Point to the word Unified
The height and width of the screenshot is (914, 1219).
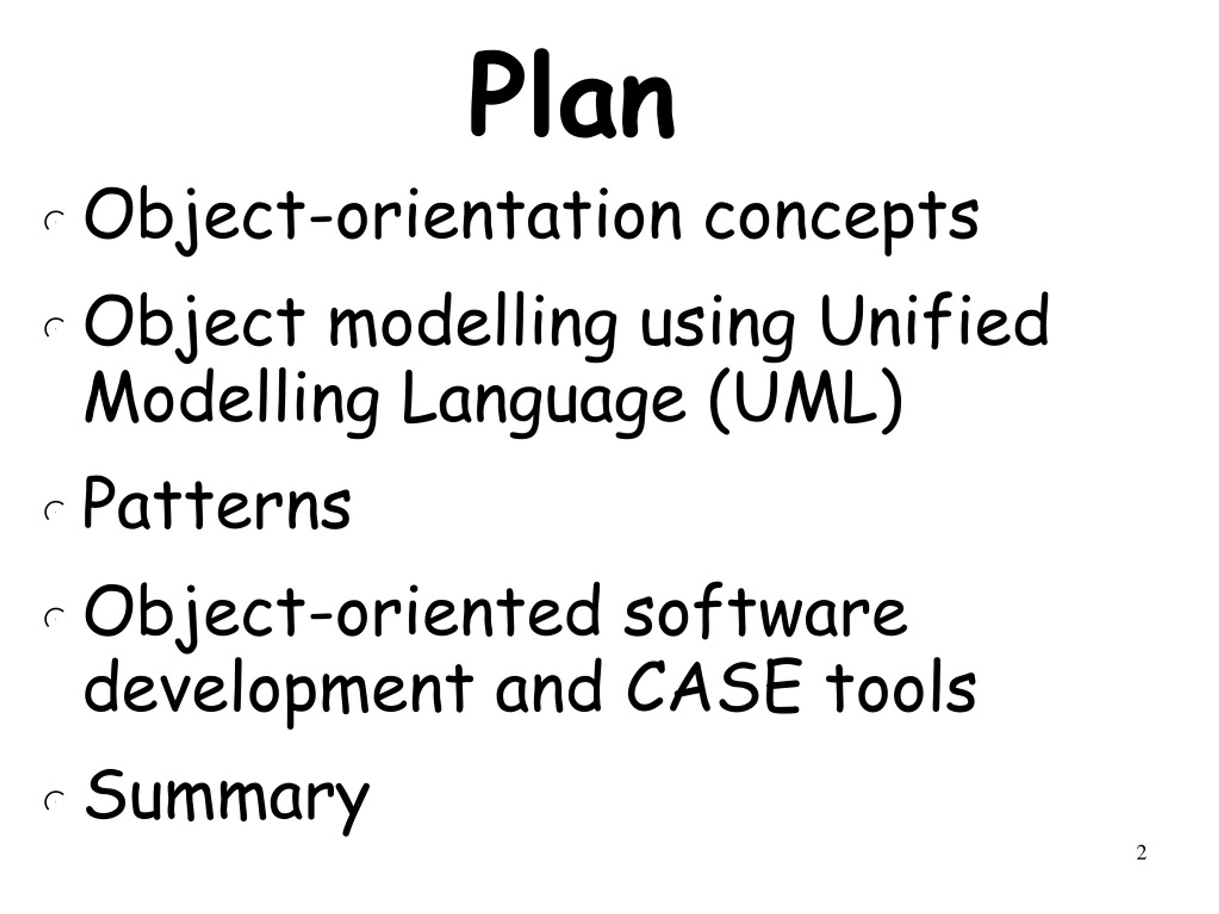(934, 322)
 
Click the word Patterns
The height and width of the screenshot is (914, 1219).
(217, 504)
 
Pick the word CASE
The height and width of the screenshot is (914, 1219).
(714, 686)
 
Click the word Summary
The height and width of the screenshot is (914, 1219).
(227, 796)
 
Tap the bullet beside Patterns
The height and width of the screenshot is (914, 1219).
(53, 512)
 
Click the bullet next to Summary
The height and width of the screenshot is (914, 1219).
(53, 801)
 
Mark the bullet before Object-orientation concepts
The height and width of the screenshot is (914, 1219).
(53, 221)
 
